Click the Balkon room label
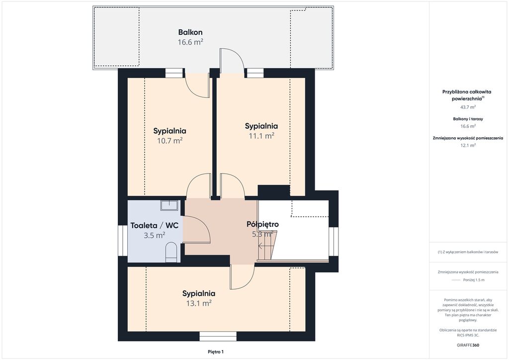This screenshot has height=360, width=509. coord(190,32)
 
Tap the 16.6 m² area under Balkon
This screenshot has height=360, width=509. coord(190,42)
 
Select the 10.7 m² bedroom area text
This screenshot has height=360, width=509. coord(170,141)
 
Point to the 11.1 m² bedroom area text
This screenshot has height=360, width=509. coord(261,136)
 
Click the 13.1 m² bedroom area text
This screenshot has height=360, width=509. coord(199,303)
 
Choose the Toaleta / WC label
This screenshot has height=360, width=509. coord(155,225)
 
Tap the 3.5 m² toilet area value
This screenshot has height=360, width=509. coord(155,235)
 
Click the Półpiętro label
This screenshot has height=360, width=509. coord(262,224)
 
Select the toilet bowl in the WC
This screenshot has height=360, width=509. coord(171,253)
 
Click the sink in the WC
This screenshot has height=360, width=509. coord(169,205)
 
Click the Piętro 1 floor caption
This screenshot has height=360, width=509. coord(216,352)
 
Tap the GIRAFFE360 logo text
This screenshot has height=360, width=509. coord(468,345)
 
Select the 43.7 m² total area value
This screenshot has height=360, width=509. coord(468,107)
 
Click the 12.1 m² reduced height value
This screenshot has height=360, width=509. coord(468,145)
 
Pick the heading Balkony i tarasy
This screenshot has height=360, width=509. coord(468,119)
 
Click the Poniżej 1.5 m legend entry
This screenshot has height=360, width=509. coord(474,280)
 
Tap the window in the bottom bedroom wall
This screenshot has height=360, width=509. coord(216,336)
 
